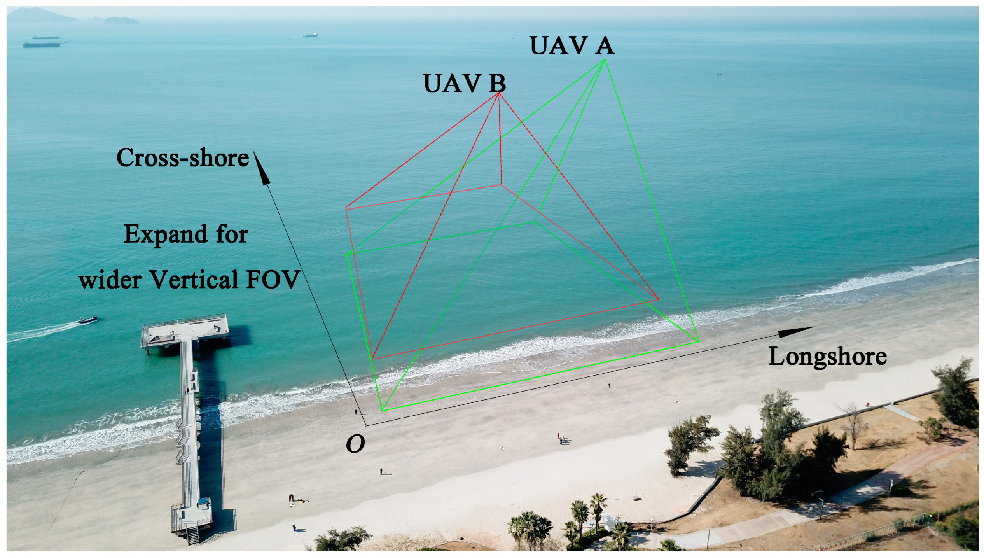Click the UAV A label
click(x=572, y=46)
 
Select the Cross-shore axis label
click(x=183, y=158)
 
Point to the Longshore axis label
click(x=827, y=357)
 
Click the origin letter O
click(x=355, y=444)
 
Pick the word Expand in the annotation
click(x=165, y=234)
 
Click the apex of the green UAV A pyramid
click(x=605, y=59)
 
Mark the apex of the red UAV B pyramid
click(x=498, y=93)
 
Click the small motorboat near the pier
click(x=88, y=319)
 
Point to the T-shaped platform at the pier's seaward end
click(x=185, y=329)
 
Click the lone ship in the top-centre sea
click(x=310, y=35)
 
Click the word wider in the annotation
click(x=110, y=280)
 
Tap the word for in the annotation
click(x=232, y=234)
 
